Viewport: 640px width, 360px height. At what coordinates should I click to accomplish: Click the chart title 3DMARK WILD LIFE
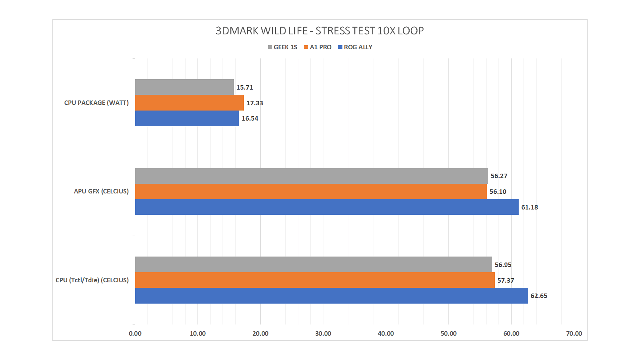tap(319, 31)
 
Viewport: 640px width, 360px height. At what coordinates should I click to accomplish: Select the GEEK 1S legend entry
tap(283, 47)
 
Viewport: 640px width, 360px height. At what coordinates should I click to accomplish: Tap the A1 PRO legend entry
tap(318, 47)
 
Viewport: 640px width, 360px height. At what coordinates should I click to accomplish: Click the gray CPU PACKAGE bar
tap(184, 87)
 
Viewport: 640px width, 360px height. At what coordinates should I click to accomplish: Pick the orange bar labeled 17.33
tap(189, 103)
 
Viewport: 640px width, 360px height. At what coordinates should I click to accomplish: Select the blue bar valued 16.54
tap(187, 118)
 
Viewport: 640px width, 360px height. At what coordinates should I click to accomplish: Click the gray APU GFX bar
tap(311, 176)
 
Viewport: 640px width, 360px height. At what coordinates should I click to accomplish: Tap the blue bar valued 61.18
tap(327, 207)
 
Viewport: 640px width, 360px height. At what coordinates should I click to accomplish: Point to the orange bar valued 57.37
tap(315, 280)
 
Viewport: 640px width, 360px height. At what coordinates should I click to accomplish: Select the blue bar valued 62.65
tap(331, 296)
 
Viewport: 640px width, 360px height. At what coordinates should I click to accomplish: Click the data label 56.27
tap(499, 176)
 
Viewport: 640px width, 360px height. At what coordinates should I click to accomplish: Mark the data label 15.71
tap(245, 87)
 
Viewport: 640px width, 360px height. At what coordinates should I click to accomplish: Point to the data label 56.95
tap(503, 265)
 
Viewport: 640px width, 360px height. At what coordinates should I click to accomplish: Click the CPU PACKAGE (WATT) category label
tap(96, 103)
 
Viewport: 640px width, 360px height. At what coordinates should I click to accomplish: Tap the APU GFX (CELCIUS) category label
tap(101, 191)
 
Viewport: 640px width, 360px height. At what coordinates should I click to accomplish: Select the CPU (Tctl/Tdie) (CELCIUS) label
tap(92, 280)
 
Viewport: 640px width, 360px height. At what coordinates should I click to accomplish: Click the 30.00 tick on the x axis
tap(323, 334)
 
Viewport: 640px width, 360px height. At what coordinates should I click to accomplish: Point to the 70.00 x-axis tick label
tap(574, 334)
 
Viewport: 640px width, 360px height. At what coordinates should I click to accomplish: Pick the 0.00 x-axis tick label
tap(135, 334)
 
